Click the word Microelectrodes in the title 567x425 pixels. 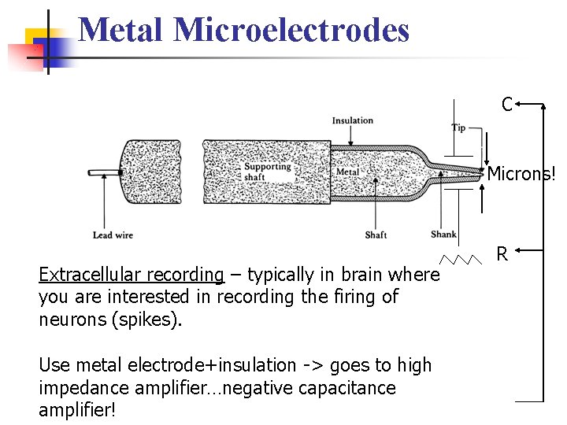[291, 30]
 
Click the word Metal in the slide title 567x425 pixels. [122, 30]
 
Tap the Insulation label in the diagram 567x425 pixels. [352, 120]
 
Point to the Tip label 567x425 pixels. [458, 128]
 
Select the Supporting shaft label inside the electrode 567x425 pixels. [267, 172]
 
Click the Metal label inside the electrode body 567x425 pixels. [347, 172]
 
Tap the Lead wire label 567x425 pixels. [113, 235]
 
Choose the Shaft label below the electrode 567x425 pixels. [376, 235]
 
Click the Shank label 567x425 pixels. [443, 235]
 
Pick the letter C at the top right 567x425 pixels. [507, 104]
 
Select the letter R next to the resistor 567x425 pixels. [501, 253]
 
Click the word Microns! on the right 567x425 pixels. [521, 174]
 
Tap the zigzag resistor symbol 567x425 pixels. [461, 259]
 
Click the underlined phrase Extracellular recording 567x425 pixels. [132, 275]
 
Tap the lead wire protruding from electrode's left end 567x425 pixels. [102, 172]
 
